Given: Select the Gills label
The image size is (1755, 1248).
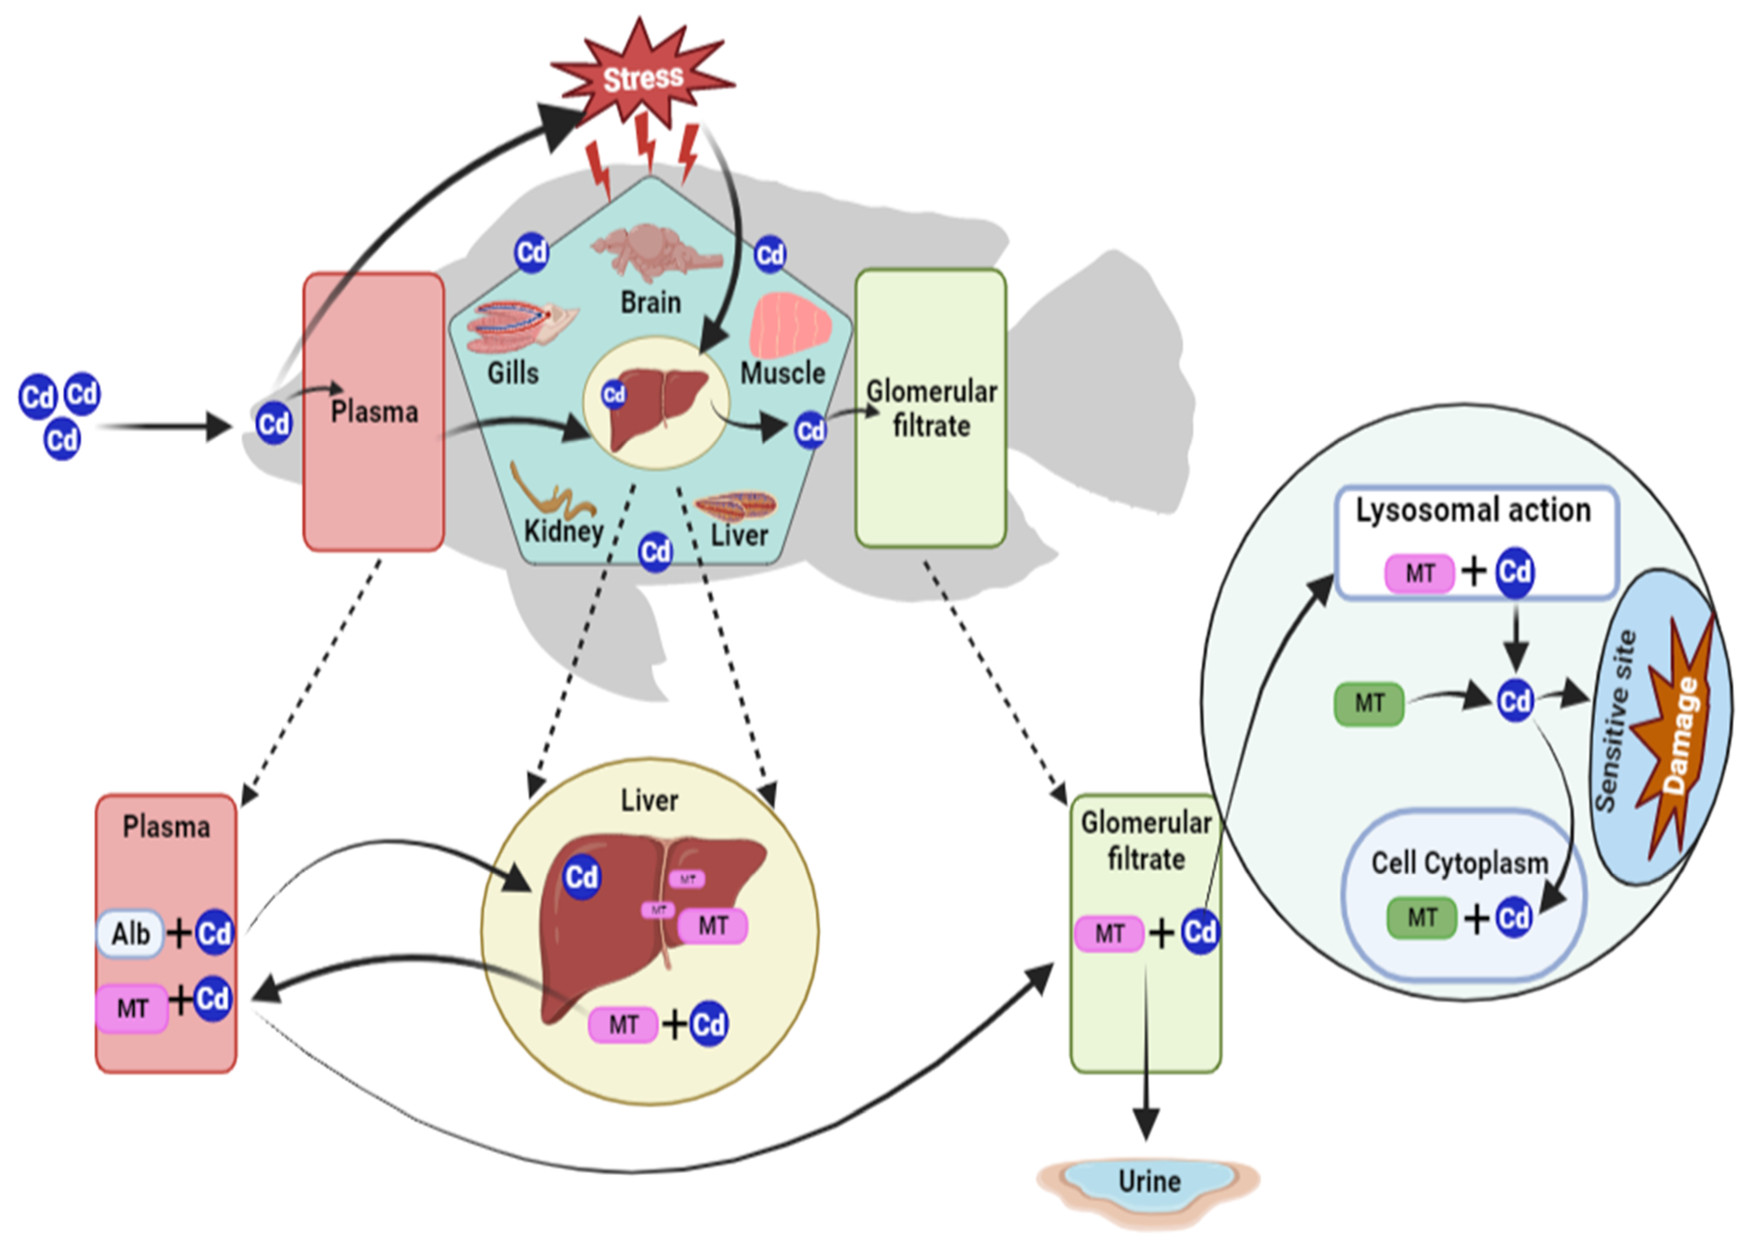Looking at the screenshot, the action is pyautogui.click(x=513, y=373).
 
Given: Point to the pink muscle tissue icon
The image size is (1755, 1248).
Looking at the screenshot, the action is pyautogui.click(x=790, y=326).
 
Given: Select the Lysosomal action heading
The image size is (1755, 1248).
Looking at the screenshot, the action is pyautogui.click(x=1472, y=510).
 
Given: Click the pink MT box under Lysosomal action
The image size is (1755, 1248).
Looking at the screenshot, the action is pyautogui.click(x=1419, y=573).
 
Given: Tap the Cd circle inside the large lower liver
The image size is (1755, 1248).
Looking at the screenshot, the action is pyautogui.click(x=581, y=877).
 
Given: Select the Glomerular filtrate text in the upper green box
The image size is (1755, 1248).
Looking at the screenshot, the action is pyautogui.click(x=931, y=409).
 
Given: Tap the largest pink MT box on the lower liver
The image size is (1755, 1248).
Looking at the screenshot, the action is pyautogui.click(x=712, y=926).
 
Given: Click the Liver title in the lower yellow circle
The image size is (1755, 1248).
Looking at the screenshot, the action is pyautogui.click(x=649, y=801).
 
